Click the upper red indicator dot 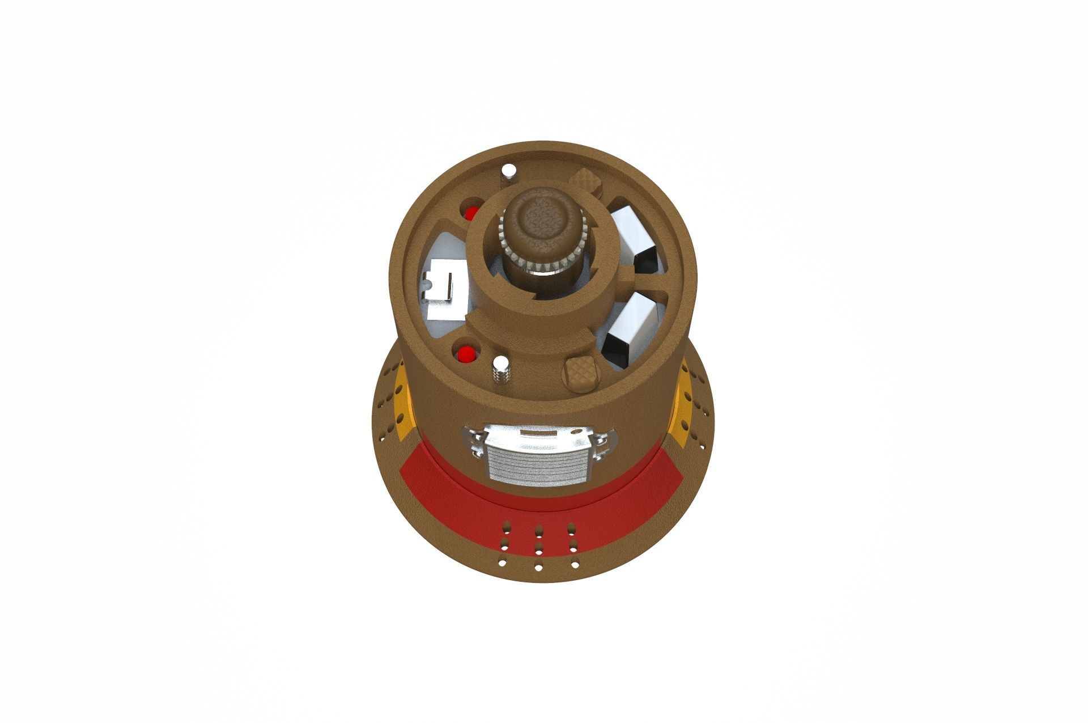pyautogui.click(x=471, y=213)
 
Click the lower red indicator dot pyautogui.click(x=466, y=355)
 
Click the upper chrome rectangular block pyautogui.click(x=633, y=234)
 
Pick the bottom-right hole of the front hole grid pyautogui.click(x=575, y=565)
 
